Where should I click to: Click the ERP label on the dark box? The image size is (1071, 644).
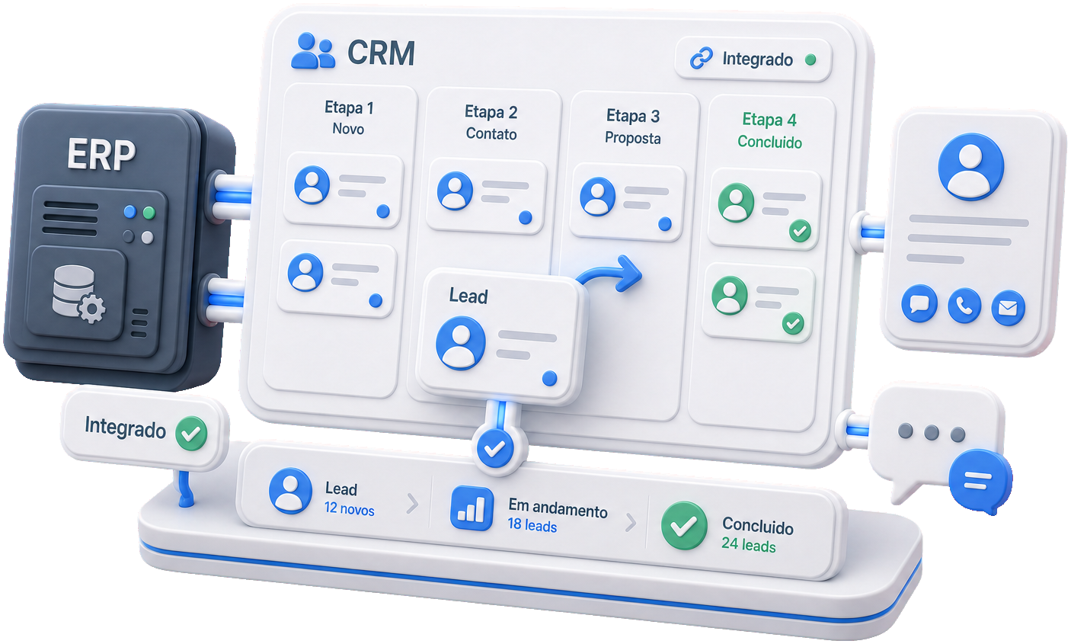coord(101,155)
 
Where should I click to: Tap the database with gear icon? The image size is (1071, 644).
coord(78,293)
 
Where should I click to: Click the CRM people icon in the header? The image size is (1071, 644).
coord(313,51)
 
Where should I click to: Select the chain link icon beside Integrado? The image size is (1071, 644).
coord(702,59)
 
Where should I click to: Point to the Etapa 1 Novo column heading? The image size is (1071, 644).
coord(349,117)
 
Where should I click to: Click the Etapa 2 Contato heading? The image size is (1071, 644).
coord(491,123)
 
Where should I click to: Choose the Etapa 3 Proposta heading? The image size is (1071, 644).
coord(633,127)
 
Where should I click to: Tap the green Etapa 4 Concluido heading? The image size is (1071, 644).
coord(769,130)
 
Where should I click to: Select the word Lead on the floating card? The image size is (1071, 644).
coord(468,296)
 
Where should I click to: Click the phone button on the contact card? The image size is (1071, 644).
coord(964,306)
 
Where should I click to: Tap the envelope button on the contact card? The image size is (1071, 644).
coord(1008,309)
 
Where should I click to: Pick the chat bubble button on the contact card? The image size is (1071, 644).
coord(919,303)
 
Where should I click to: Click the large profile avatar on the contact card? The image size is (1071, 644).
coord(970,166)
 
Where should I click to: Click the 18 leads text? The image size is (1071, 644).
coord(532,525)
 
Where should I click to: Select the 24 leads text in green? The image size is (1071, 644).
coord(748,544)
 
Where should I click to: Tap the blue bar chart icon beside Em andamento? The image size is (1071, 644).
coord(472,508)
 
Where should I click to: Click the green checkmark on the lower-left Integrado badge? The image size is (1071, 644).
coord(190,433)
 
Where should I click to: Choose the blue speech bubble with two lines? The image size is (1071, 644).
coord(980,481)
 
